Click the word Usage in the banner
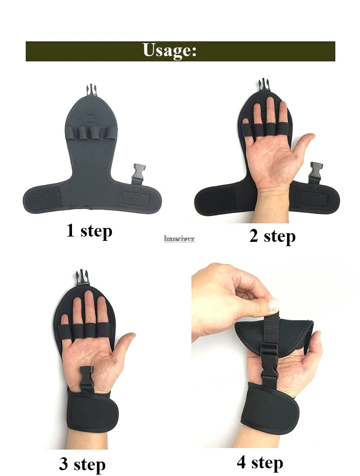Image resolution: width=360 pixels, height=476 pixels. (169, 51)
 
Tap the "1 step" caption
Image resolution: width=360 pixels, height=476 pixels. (89, 231)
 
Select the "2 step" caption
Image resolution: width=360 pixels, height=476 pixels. (272, 236)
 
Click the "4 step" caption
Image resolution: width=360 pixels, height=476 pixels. (260, 463)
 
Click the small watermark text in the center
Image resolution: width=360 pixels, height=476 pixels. (180, 238)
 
